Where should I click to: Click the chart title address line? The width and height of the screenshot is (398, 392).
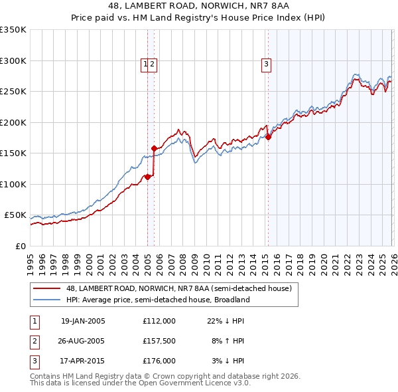coord(199,5)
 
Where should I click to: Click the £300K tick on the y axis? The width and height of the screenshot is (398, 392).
coord(13,60)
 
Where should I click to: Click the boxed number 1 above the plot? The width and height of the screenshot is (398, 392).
coord(145,64)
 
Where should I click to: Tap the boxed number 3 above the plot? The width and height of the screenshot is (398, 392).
coord(266,64)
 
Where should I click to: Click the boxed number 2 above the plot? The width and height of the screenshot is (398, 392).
coord(153,64)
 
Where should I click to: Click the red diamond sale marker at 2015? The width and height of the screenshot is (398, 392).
coord(269,138)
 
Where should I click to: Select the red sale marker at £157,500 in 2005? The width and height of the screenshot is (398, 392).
coord(155,149)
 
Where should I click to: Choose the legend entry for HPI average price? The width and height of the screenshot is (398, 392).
coord(157,300)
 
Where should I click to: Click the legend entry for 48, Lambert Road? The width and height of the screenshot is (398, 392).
coord(178,288)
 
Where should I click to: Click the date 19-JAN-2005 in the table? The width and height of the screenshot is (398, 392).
coord(83,321)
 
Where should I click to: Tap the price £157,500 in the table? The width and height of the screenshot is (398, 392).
coord(159,342)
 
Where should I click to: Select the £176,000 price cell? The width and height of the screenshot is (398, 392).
coord(159,361)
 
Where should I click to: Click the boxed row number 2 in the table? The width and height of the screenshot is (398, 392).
coord(34,342)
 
